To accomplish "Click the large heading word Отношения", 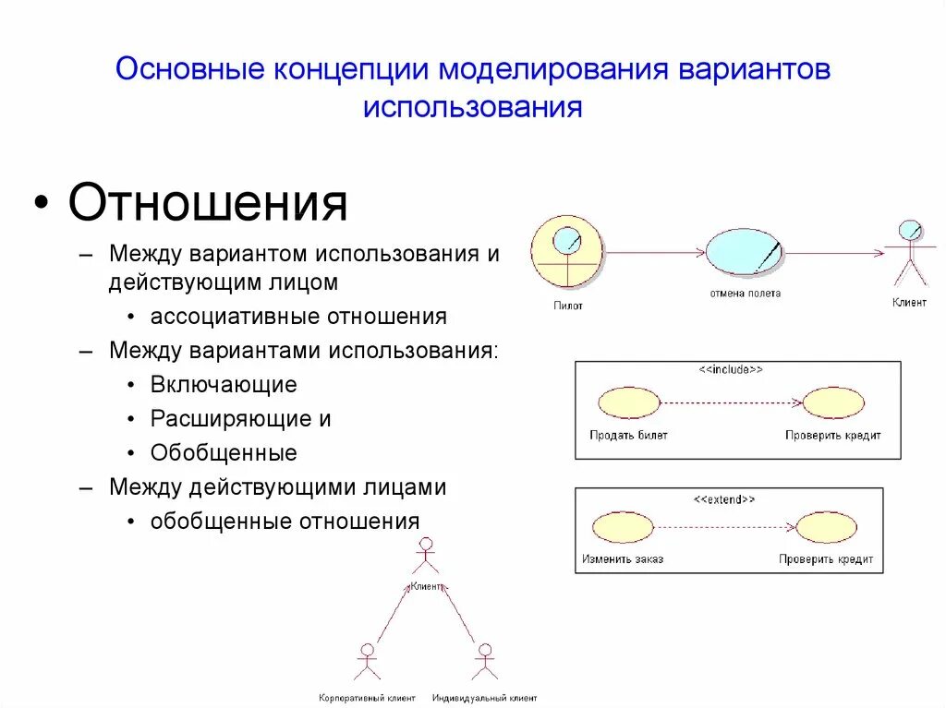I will [208, 203].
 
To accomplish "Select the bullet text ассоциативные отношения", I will [298, 317].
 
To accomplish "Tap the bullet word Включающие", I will [224, 384].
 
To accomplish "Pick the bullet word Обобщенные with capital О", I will [224, 452].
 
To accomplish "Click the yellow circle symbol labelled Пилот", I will [566, 253].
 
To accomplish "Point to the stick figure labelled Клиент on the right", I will [910, 253].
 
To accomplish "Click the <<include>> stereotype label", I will [730, 369].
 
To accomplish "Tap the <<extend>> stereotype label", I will [724, 498].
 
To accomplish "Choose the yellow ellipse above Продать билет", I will [628, 402].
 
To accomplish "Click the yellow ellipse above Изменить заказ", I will [623, 527].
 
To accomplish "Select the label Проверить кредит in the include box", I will [833, 435].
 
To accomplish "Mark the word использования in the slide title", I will [472, 107].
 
